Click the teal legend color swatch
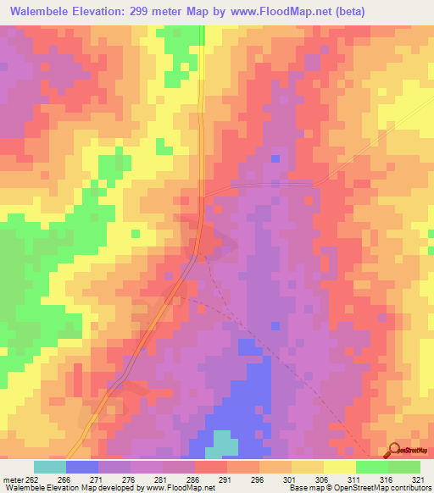point(50,467)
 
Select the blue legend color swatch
point(82,467)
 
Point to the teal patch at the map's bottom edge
point(224,445)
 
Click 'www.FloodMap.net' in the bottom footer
point(180,488)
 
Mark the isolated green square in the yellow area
point(135,233)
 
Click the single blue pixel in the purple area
point(275,158)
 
